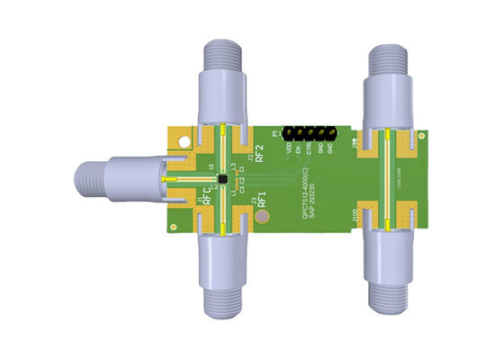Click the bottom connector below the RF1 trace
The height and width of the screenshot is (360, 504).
[222, 279]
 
